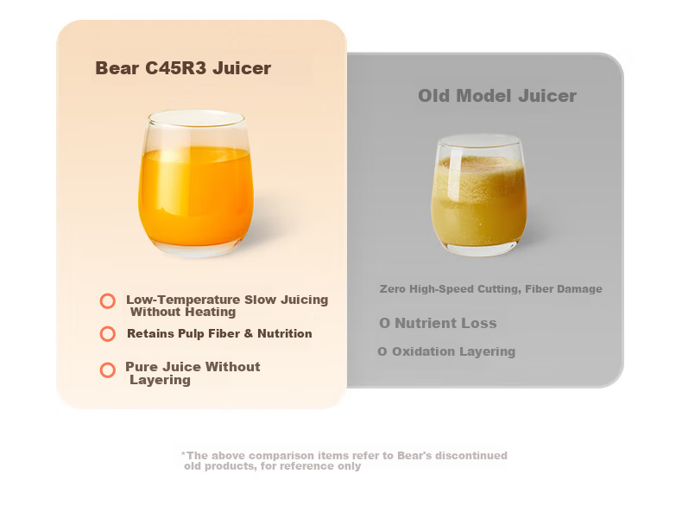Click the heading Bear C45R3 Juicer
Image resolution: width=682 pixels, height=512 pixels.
[183, 68]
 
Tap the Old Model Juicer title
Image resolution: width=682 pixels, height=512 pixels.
[497, 96]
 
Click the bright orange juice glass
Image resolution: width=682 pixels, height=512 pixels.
[196, 183]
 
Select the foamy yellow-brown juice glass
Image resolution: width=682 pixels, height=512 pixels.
[479, 194]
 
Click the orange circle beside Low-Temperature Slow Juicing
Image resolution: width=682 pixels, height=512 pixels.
[107, 301]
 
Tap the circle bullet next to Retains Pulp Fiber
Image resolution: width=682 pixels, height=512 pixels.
[107, 334]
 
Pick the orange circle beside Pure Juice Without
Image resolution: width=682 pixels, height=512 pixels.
[107, 370]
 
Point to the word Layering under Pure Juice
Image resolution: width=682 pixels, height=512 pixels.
[160, 380]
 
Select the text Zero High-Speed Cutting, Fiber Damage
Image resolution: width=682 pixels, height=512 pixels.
[491, 289]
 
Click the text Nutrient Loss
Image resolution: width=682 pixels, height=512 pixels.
[445, 323]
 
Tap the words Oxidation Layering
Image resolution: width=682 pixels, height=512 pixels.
[453, 351]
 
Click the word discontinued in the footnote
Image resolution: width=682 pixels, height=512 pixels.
[471, 456]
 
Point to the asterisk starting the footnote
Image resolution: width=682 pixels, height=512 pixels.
[183, 454]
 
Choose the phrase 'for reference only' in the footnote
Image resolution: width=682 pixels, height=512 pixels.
[311, 466]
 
